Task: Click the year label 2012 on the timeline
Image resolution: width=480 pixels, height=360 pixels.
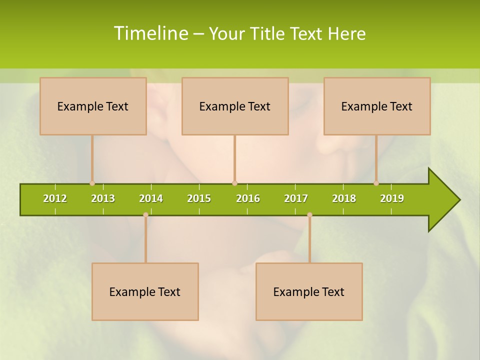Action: [55, 198]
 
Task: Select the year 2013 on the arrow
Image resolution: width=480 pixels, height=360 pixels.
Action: [103, 198]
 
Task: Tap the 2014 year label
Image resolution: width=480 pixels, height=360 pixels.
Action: [151, 198]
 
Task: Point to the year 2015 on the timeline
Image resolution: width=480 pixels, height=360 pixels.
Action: [199, 198]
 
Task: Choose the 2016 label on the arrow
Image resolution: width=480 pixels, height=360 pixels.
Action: [248, 198]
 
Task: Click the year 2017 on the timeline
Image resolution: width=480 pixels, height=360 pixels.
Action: [296, 198]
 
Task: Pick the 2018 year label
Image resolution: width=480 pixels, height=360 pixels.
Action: [344, 198]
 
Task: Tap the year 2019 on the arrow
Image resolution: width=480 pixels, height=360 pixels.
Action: [392, 198]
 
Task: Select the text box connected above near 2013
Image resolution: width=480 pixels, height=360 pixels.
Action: [93, 106]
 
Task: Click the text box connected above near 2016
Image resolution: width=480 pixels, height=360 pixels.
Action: [235, 106]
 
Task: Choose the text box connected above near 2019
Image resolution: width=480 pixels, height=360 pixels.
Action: [377, 106]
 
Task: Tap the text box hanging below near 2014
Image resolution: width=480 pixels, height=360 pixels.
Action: [145, 291]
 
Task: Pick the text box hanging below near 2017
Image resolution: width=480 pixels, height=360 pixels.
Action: [309, 291]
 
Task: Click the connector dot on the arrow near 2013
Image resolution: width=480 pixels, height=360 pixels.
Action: [92, 183]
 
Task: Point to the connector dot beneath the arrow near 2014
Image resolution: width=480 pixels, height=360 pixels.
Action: [145, 215]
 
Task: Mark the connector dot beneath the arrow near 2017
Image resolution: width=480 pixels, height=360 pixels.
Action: [309, 215]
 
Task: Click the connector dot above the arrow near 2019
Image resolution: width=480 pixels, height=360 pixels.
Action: [376, 183]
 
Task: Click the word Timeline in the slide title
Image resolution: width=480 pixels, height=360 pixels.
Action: [150, 33]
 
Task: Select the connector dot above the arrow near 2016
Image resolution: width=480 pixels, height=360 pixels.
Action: [234, 183]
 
